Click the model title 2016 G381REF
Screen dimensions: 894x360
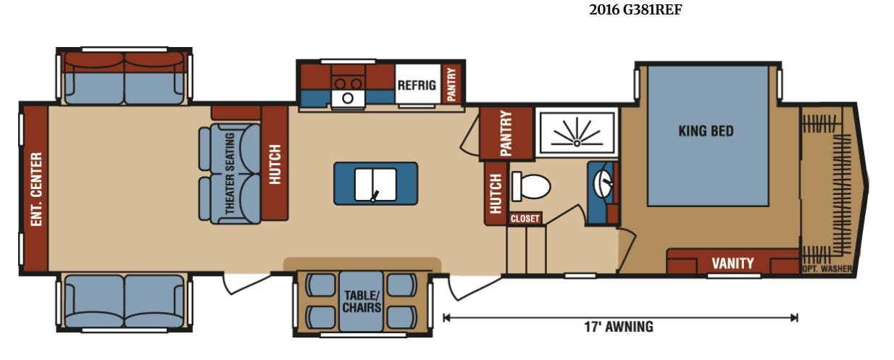635,9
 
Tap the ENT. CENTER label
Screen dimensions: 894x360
36,189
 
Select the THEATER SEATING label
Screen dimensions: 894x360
230,173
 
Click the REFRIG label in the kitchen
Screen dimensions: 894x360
417,85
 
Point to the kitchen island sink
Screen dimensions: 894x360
375,185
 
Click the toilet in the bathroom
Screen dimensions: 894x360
531,186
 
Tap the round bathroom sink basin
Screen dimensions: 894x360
603,184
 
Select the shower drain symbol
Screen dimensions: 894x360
577,143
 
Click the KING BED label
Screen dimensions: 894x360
706,131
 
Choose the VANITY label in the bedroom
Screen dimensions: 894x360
732,264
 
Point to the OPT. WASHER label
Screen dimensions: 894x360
827,269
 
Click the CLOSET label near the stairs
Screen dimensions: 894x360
525,219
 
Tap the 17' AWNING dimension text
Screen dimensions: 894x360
619,327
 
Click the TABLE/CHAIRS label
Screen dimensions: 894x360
362,301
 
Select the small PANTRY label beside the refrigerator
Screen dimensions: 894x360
451,84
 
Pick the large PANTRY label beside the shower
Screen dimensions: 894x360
506,133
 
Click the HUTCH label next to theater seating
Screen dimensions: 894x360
275,164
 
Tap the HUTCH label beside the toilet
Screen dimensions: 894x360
496,193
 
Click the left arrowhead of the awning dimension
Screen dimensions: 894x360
446,318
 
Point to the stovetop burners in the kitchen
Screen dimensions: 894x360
348,84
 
